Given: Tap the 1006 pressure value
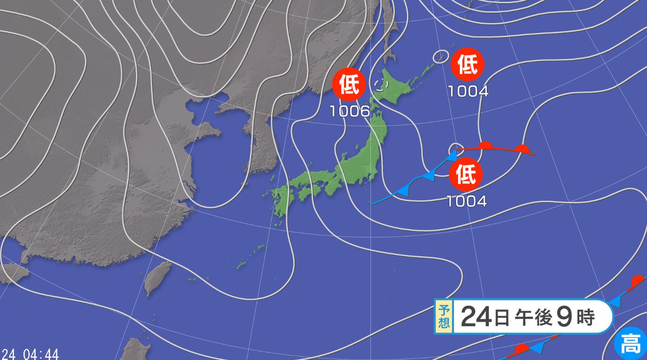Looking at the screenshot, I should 350,111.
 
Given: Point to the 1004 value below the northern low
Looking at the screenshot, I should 468,92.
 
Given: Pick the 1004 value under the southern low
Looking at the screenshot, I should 467,201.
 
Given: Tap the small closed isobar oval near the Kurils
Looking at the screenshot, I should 440,57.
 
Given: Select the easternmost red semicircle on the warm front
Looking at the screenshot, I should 522,149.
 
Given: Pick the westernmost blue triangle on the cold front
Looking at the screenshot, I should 403,190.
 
